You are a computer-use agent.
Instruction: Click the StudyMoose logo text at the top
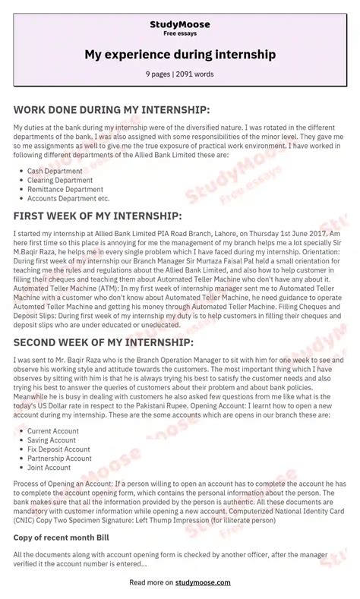[x=180, y=24]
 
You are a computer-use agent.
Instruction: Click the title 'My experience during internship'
[x=180, y=55]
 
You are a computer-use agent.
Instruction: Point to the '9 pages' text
[x=159, y=75]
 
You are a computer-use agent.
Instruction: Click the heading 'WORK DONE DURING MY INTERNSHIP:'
[x=111, y=109]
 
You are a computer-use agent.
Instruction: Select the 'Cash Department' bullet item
[x=55, y=172]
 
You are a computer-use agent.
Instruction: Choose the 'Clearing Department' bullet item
[x=61, y=181]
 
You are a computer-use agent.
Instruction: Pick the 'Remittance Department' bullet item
[x=65, y=190]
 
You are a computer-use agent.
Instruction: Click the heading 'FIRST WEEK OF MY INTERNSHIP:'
[x=98, y=217]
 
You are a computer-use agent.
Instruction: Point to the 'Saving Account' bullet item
[x=52, y=440]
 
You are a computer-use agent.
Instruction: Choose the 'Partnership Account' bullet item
[x=59, y=459]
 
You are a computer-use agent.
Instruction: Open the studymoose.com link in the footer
[x=203, y=583]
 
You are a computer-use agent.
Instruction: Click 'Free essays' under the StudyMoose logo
[x=180, y=34]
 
